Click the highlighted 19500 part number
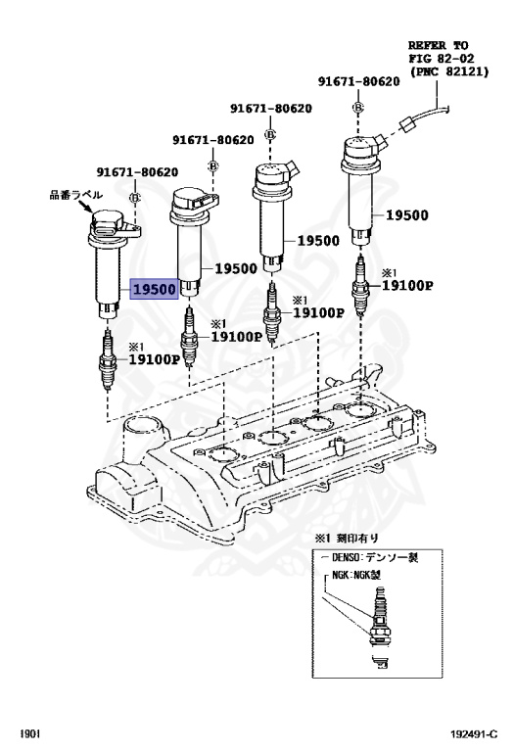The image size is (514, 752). click(x=155, y=289)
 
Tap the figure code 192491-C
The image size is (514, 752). click(x=474, y=734)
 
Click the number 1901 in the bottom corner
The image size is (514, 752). click(x=29, y=734)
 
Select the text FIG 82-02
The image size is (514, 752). click(x=442, y=59)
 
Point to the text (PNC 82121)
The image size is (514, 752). click(x=448, y=71)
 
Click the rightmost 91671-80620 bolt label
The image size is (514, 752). click(x=358, y=81)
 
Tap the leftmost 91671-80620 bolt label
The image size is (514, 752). click(x=137, y=171)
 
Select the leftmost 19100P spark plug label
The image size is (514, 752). click(x=154, y=359)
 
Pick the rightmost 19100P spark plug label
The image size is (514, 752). click(x=407, y=286)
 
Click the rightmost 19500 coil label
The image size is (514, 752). click(x=406, y=215)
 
